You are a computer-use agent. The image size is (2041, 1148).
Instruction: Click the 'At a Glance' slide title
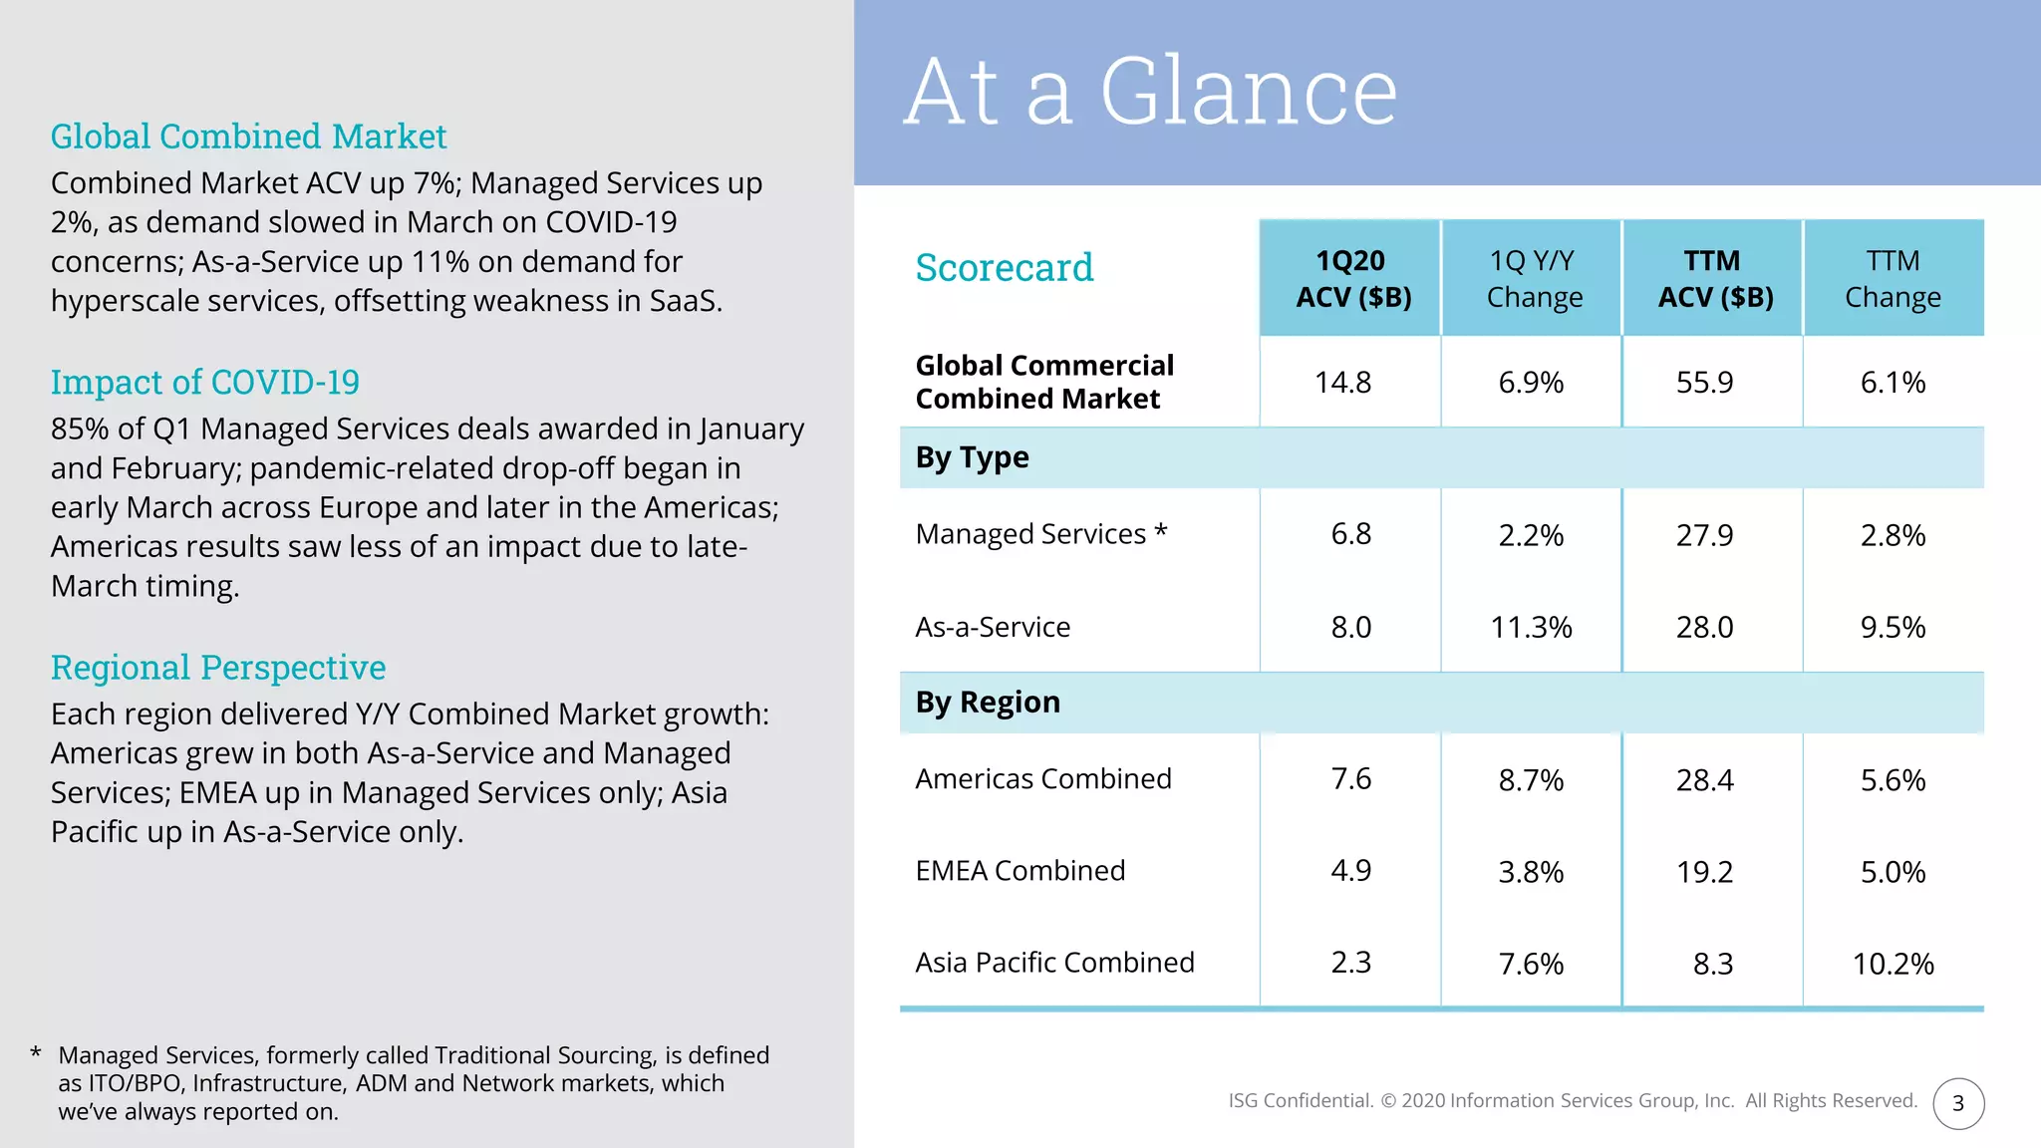point(1150,92)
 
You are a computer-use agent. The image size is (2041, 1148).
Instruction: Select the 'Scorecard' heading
point(1004,267)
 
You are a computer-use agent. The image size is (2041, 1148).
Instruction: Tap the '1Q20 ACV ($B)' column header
point(1351,278)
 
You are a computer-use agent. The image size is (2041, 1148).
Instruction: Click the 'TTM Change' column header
point(1893,278)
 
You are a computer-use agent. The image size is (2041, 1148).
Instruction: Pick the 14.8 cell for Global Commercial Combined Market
point(1342,382)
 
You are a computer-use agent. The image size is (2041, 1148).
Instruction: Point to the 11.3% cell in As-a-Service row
point(1531,627)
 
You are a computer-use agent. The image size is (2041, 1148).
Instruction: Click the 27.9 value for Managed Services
point(1704,535)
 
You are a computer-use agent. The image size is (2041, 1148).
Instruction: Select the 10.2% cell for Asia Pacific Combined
point(1893,964)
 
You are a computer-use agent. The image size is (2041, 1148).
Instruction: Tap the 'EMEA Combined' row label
point(1020,870)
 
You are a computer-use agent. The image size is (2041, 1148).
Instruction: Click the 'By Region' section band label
point(988,703)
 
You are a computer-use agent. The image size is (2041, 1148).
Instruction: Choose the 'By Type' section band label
point(972,457)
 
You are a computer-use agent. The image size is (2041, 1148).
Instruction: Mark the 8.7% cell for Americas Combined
point(1531,780)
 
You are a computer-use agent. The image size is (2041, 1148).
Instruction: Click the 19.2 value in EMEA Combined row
point(1704,872)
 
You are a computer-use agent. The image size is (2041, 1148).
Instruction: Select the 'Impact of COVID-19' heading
point(204,382)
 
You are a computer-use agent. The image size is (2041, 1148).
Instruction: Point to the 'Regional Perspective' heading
point(218,667)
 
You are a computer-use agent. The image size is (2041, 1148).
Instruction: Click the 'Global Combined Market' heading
point(248,136)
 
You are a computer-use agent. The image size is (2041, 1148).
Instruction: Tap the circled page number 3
point(1957,1103)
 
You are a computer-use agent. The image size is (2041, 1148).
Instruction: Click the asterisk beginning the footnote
point(36,1052)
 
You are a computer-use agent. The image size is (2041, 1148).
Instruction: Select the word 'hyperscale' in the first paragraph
point(119,301)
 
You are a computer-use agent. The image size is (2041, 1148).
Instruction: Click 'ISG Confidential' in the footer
point(1300,1100)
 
